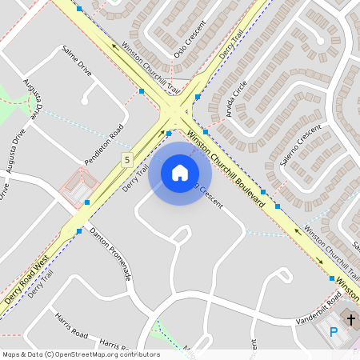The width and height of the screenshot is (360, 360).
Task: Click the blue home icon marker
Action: (x=180, y=173)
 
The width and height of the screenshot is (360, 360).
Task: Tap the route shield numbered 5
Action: (x=126, y=160)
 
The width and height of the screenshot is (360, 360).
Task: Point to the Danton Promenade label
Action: (x=110, y=254)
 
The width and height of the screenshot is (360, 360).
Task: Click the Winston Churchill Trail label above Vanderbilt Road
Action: (x=333, y=251)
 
